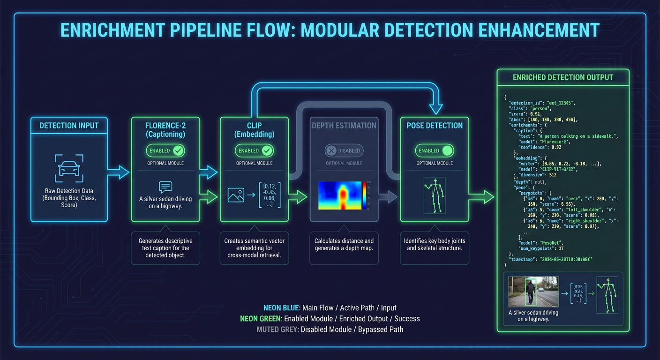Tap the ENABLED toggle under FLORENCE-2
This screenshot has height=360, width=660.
click(x=165, y=150)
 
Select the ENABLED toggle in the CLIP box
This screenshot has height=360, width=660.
click(x=254, y=150)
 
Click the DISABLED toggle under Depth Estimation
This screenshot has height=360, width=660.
click(x=344, y=150)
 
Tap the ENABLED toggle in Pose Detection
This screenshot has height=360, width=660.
click(x=434, y=150)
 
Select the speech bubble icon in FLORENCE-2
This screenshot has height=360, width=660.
click(x=165, y=187)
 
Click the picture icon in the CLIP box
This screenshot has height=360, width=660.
click(x=236, y=195)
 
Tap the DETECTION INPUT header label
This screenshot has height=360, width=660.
click(x=69, y=125)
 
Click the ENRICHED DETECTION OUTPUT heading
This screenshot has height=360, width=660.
click(x=562, y=77)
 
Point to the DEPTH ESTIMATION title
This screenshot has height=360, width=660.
click(x=344, y=125)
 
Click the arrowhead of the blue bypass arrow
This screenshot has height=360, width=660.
click(x=436, y=109)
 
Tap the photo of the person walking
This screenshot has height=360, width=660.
click(x=533, y=291)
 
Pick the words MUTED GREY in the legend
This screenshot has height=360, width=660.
click(x=277, y=329)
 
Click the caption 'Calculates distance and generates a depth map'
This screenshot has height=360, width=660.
click(x=344, y=244)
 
